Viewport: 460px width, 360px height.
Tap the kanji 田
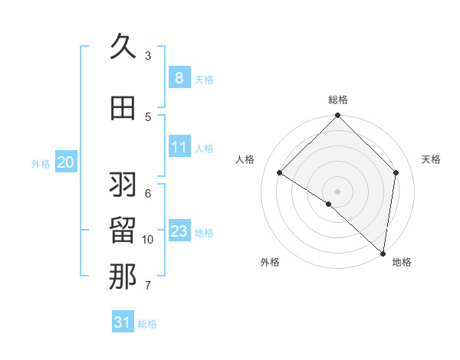[123, 108]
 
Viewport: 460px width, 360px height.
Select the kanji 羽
[123, 185]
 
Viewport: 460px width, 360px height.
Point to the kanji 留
[123, 231]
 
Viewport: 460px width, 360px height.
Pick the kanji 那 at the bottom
[123, 277]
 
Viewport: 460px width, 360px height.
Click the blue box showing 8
[179, 77]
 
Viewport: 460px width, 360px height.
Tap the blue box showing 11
[179, 146]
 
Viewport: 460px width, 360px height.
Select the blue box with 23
[179, 231]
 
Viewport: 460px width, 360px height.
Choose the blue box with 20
[66, 162]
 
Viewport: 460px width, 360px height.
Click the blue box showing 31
[123, 322]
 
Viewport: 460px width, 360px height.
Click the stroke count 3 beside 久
[148, 56]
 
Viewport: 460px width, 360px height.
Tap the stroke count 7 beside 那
[148, 286]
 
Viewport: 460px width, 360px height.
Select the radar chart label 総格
[338, 100]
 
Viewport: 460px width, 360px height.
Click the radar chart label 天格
[431, 159]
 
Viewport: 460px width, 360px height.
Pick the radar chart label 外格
[270, 262]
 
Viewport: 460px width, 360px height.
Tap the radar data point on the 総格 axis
[338, 116]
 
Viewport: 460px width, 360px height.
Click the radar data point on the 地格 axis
[383, 253]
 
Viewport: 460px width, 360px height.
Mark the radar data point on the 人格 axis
[280, 172]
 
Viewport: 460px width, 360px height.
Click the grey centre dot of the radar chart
[338, 191]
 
